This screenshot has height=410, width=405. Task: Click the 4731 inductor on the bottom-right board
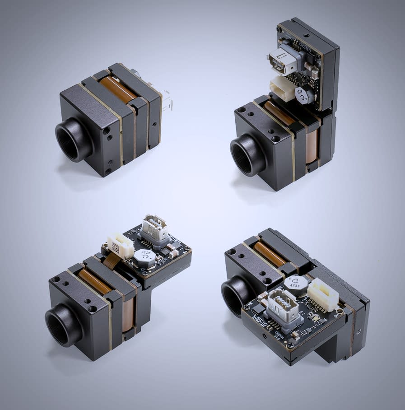[x=296, y=286]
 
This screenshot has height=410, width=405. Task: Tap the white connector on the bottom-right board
[x=323, y=294]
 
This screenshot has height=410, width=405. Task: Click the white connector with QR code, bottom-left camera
[x=120, y=245]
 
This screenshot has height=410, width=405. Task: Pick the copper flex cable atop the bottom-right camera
[x=269, y=254]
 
